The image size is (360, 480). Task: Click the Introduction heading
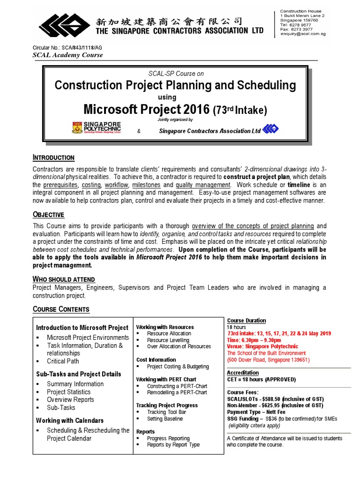point(53,157)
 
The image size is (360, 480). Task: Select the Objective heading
point(48,215)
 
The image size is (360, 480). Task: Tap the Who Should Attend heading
point(64,279)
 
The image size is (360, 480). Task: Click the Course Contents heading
point(61,309)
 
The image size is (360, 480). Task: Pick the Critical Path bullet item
point(63,361)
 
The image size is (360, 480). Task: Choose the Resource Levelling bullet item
point(168,340)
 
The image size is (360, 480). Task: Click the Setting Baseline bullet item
point(165,419)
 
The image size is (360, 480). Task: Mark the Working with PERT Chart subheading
point(166,379)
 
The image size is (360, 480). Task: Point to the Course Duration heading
point(246,321)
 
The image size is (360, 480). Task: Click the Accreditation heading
point(243,373)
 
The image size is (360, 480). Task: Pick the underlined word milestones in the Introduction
point(147,185)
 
